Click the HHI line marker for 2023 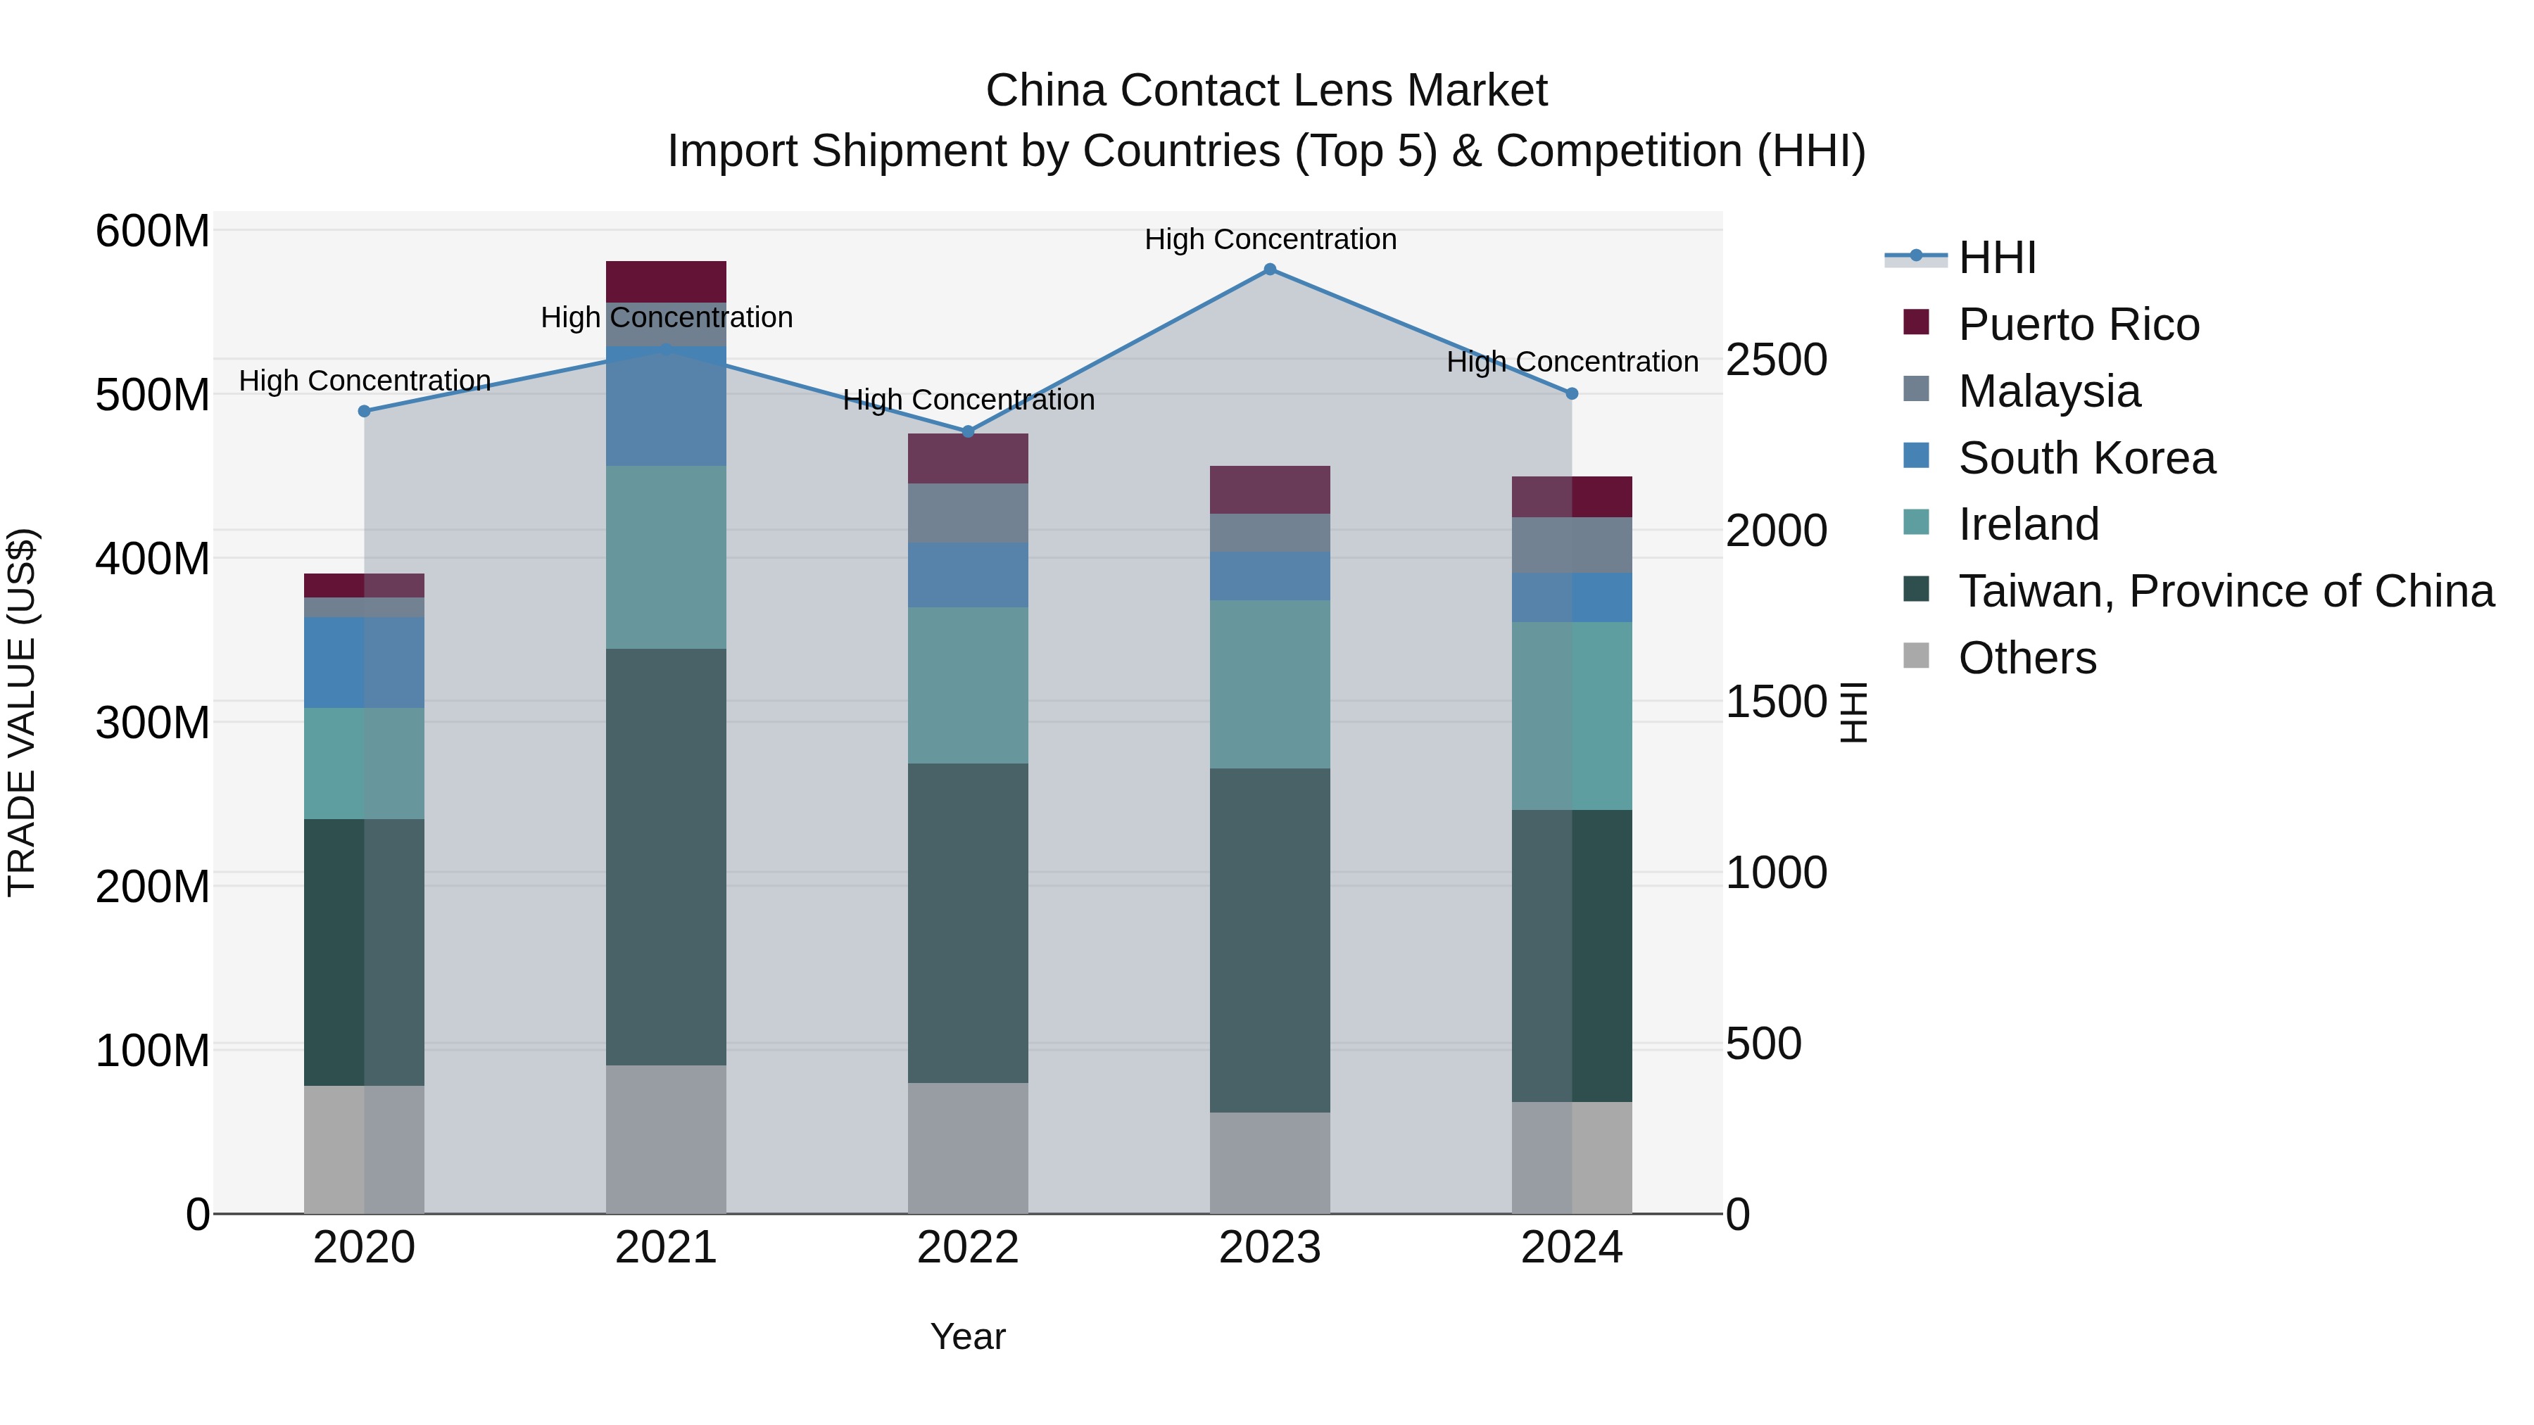[1269, 269]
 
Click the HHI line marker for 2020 [364, 411]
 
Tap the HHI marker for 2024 [1571, 393]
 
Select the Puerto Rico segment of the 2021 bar [666, 281]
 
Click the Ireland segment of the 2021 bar [666, 557]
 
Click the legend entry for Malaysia [2048, 391]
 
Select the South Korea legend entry [2086, 458]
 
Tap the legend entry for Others [2026, 658]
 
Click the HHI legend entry [1997, 258]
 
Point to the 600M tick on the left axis [153, 232]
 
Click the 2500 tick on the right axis [1777, 360]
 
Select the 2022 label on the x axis [967, 1248]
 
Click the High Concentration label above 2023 [1269, 239]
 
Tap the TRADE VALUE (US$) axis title [23, 712]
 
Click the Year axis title [967, 1336]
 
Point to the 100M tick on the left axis [153, 1051]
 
